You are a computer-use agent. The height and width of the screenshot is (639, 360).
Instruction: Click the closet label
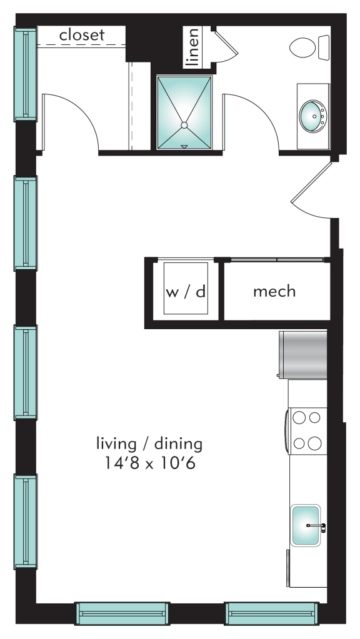[x=82, y=36]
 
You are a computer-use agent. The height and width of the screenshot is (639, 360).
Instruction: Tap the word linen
[x=193, y=47]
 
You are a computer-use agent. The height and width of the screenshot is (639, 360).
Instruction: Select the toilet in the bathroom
[x=304, y=47]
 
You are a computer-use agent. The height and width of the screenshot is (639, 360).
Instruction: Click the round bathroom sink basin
[x=313, y=116]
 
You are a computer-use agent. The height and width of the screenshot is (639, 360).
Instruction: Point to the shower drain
[x=184, y=126]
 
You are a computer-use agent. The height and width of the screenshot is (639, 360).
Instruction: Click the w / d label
[x=186, y=292]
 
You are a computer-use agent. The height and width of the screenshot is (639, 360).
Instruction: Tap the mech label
[x=274, y=291]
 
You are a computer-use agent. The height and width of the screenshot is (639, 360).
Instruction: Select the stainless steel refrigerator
[x=304, y=355]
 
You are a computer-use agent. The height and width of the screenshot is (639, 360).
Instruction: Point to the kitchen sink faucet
[x=316, y=527]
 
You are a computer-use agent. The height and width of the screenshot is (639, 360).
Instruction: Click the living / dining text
[x=149, y=444]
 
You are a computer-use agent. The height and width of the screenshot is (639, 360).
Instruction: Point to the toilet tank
[x=324, y=47]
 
